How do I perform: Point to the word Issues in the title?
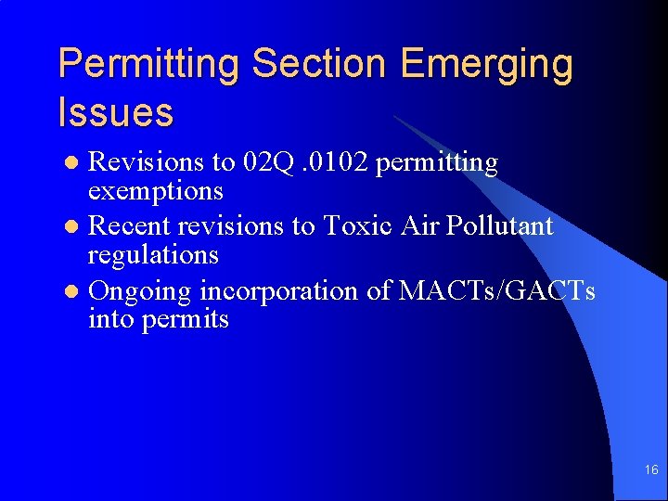(115, 112)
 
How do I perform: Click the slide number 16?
(651, 470)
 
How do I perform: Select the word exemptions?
(155, 192)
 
